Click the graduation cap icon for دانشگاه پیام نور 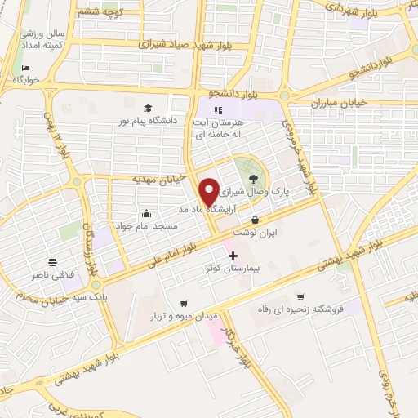pyautogui.click(x=148, y=109)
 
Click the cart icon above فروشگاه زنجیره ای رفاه pyautogui.click(x=301, y=296)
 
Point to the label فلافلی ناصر pyautogui.click(x=52, y=274)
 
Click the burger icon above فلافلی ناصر pyautogui.click(x=52, y=262)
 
